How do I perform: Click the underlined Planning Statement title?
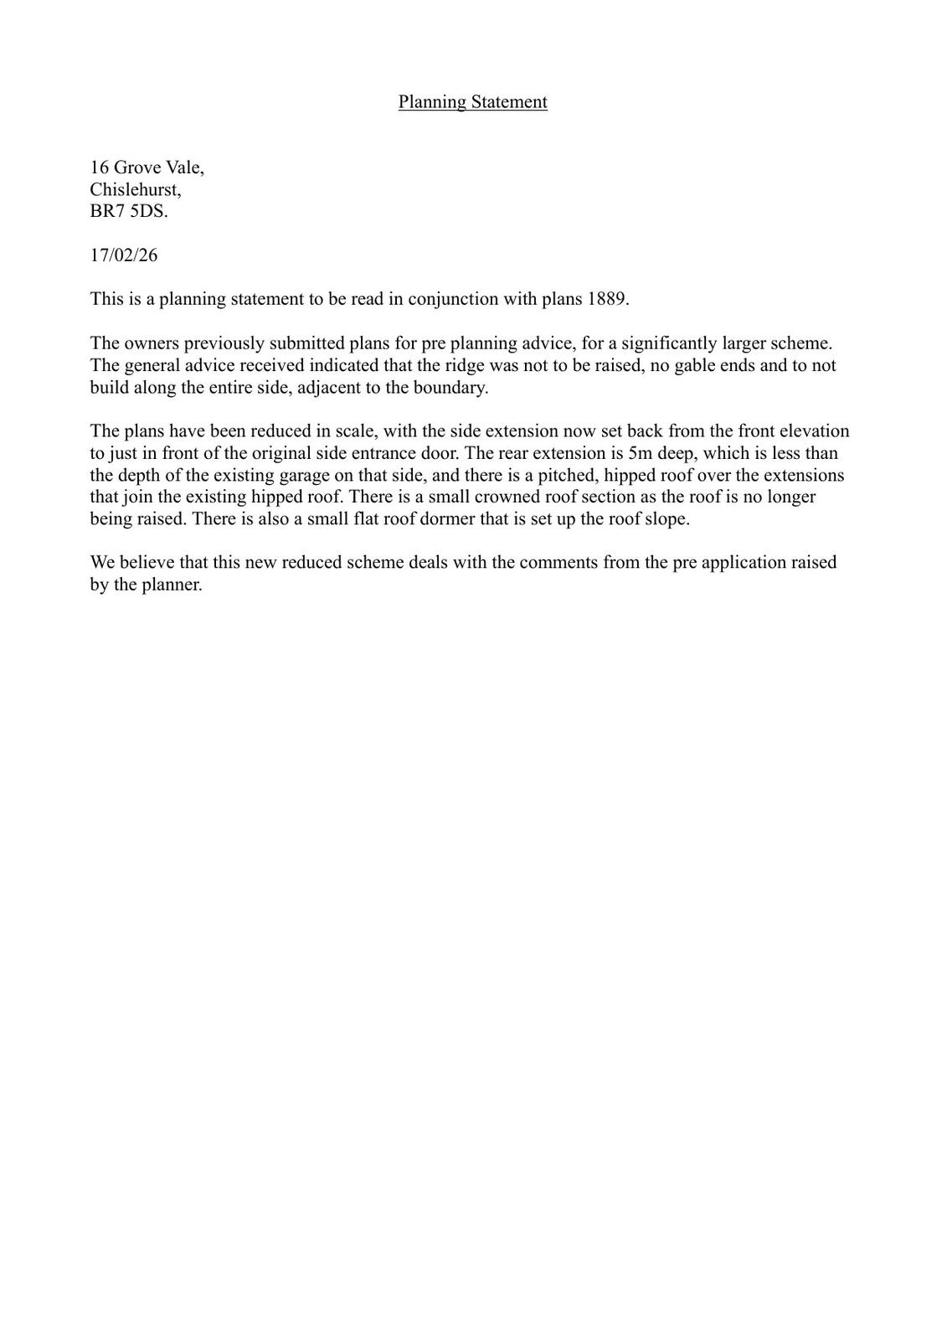pos(472,102)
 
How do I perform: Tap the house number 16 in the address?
pos(100,167)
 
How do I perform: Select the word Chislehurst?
pos(134,189)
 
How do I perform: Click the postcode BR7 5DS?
pos(128,211)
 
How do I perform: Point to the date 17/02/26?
pos(124,255)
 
